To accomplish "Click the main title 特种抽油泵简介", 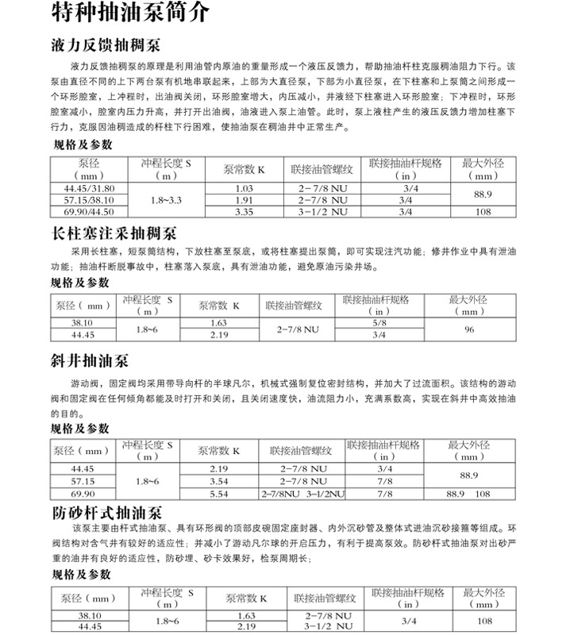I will pos(131,13).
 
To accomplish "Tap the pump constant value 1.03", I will pos(244,188).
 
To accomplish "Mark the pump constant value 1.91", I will pos(244,200).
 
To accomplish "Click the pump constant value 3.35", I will pos(244,212).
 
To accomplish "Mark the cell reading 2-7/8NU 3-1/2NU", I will pos(302,494).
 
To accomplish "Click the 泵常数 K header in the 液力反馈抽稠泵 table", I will pos(244,170).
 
